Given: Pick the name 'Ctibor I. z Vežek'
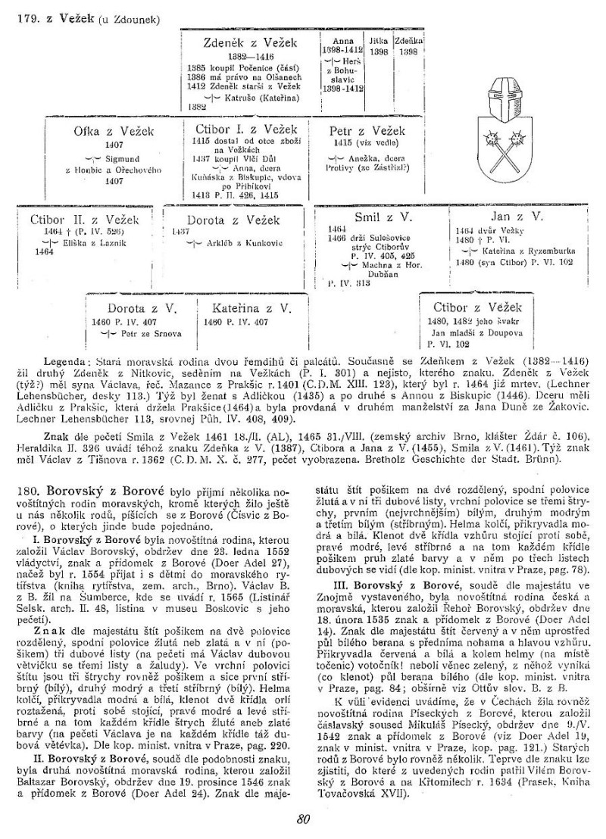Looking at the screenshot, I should click(245, 128).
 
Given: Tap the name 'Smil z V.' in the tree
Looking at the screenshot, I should click(383, 217).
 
